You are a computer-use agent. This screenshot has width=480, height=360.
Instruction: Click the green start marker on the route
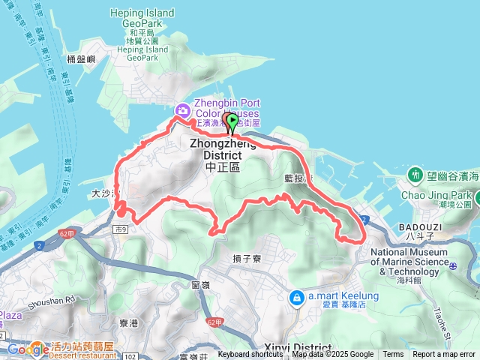tap(232, 121)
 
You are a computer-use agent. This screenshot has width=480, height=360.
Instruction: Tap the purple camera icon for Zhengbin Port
tap(182, 110)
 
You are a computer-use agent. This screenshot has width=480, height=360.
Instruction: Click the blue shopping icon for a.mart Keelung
tap(297, 298)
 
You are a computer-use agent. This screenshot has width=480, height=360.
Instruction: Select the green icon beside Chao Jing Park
tap(415, 175)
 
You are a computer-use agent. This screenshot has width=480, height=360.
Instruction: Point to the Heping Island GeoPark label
tap(142, 13)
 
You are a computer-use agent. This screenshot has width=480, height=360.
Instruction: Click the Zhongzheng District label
tap(222, 149)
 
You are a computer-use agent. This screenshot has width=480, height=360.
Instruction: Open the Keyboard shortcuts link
tap(250, 355)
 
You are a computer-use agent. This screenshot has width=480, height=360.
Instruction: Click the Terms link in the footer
tap(393, 355)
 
